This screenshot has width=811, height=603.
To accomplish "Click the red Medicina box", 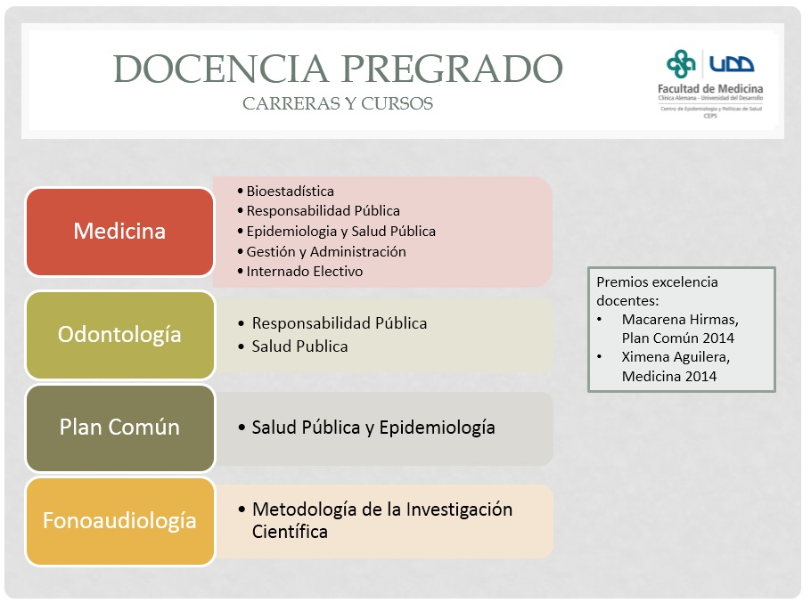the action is [119, 232].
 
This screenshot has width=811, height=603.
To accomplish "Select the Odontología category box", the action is [119, 335].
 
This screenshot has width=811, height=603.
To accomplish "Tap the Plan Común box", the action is [119, 428].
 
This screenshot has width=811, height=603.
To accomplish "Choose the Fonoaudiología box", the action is [119, 521].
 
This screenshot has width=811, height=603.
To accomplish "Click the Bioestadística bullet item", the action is [291, 191].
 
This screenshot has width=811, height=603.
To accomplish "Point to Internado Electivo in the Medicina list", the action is [305, 272].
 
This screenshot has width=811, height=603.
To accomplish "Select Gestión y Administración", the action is [326, 252].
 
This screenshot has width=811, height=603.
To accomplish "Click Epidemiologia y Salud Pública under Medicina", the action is [340, 232].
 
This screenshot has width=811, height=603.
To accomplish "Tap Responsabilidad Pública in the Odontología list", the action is [340, 323].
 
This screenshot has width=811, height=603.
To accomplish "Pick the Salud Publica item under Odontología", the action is [300, 346].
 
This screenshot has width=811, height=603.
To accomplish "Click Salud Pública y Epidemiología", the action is [373, 428].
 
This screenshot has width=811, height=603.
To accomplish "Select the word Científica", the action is [290, 532].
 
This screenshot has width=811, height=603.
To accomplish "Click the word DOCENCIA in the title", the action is [221, 69].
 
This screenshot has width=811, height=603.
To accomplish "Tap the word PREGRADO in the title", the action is [452, 69].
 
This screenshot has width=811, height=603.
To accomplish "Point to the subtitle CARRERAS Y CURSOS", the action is [338, 103].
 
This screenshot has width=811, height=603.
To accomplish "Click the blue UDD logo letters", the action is [732, 63].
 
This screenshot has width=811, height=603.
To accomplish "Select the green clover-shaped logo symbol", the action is [681, 64].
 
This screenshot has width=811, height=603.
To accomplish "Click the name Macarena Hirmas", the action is [680, 320].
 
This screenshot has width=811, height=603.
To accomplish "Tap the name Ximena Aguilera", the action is [676, 357].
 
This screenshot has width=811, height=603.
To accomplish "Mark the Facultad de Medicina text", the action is [710, 89].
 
